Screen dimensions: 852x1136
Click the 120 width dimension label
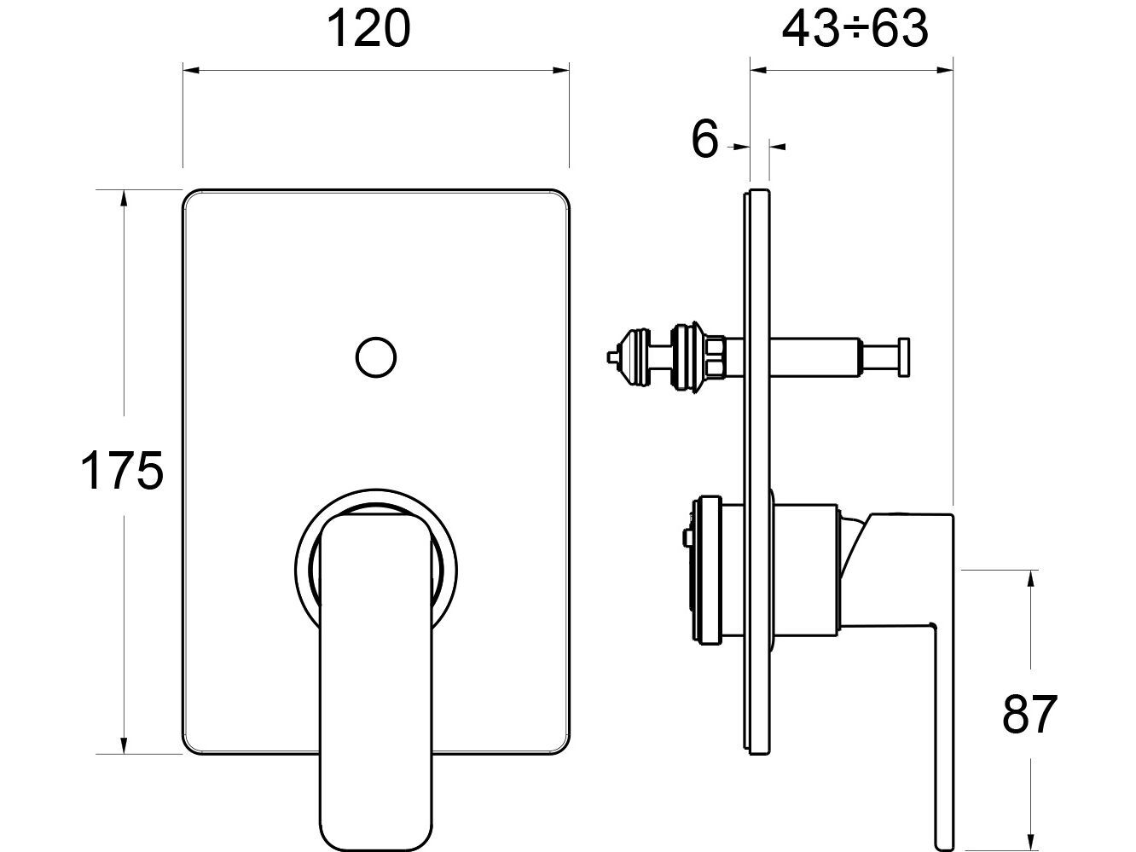pyautogui.click(x=369, y=30)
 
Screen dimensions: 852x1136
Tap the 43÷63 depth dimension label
pyautogui.click(x=855, y=30)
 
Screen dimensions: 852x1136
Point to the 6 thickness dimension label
pyautogui.click(x=704, y=139)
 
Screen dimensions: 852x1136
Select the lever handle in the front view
pyautogui.click(x=376, y=674)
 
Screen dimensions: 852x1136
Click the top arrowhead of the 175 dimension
pyautogui.click(x=125, y=197)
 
